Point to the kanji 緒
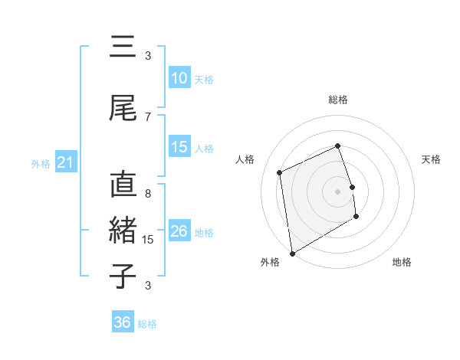(x=123, y=230)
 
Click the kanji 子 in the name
(x=123, y=276)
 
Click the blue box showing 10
(x=179, y=78)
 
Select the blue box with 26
(x=179, y=231)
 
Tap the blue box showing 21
(x=64, y=162)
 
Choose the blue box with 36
(x=122, y=322)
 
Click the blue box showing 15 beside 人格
(x=179, y=147)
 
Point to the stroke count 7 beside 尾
(x=148, y=117)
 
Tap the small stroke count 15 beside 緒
(x=149, y=240)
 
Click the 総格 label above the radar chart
(x=338, y=100)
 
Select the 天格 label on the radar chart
(x=431, y=159)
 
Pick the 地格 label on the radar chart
(x=402, y=263)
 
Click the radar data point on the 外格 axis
(x=291, y=253)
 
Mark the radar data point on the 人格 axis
(x=280, y=172)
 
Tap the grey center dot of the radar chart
(x=337, y=191)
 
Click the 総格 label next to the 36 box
(x=147, y=324)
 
